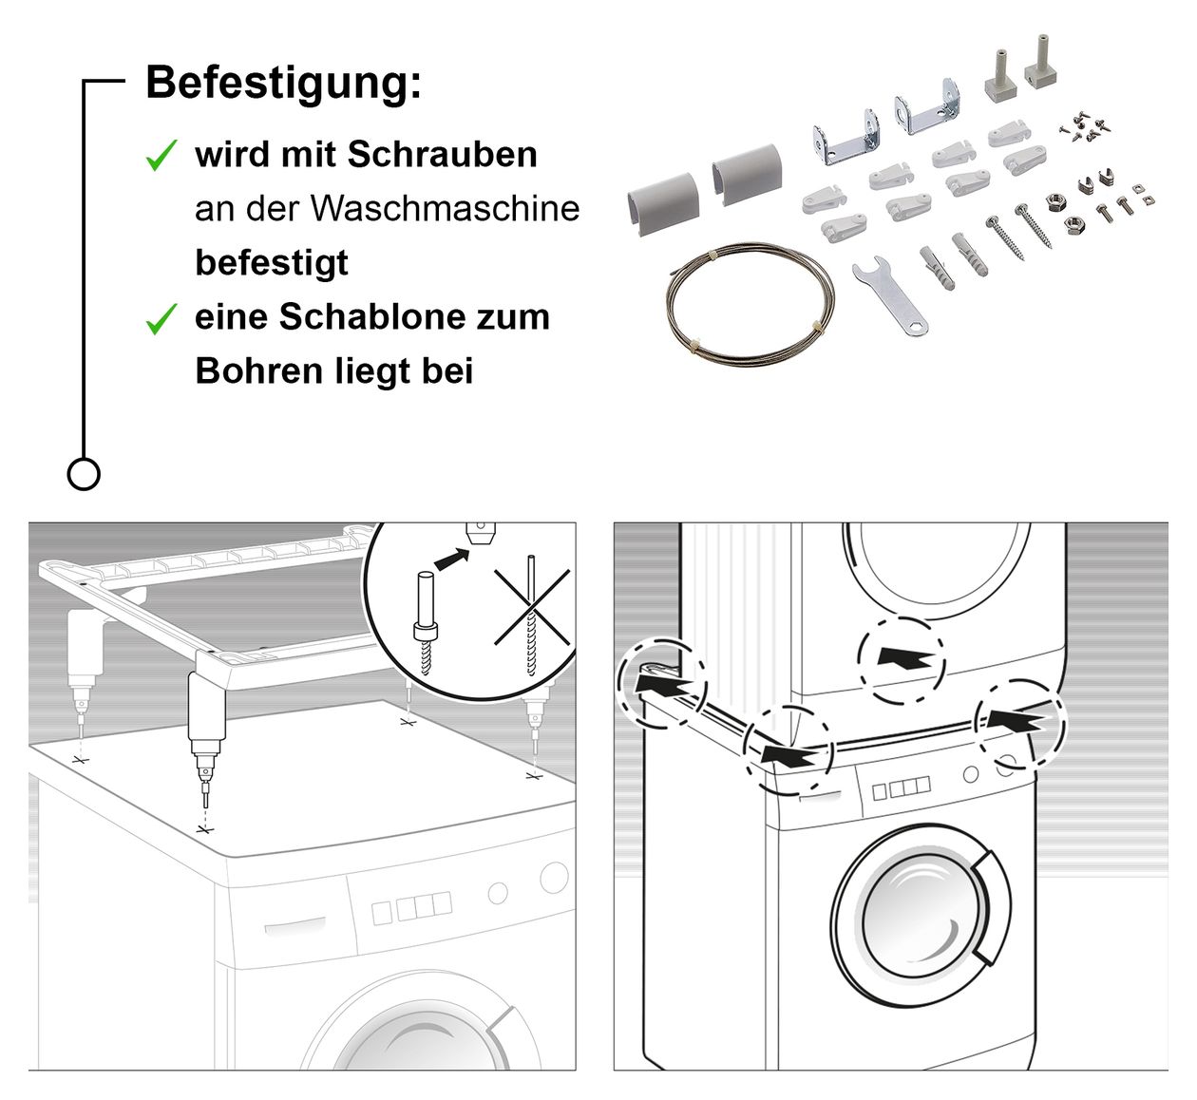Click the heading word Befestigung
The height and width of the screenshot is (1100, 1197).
tap(282, 83)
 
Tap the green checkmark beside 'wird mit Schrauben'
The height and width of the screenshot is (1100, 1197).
tap(161, 155)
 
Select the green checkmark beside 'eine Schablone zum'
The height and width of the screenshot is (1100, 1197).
tap(161, 318)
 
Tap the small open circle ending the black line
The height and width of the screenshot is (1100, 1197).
tap(84, 473)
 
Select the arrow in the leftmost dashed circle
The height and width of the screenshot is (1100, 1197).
tap(662, 681)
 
